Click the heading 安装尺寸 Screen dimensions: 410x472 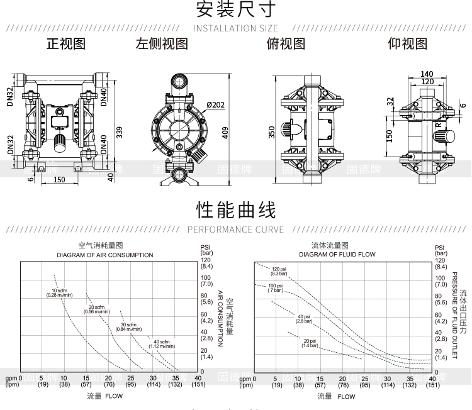tap(236, 10)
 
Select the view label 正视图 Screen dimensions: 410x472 tap(65, 44)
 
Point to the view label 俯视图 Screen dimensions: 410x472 tap(286, 44)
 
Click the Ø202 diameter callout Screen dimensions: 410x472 tap(216, 104)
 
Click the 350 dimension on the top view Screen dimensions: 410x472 tap(273, 132)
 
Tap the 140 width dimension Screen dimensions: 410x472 tap(427, 74)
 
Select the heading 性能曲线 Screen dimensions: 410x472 tap(236, 209)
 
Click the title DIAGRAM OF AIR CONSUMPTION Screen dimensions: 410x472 tap(105, 255)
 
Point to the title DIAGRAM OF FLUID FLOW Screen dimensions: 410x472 tap(337, 255)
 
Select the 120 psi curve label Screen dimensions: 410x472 tap(279, 271)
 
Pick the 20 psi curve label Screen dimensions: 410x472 tap(310, 343)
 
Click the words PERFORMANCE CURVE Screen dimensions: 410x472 tap(236, 230)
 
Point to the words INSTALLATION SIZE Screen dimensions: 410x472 tap(235, 28)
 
